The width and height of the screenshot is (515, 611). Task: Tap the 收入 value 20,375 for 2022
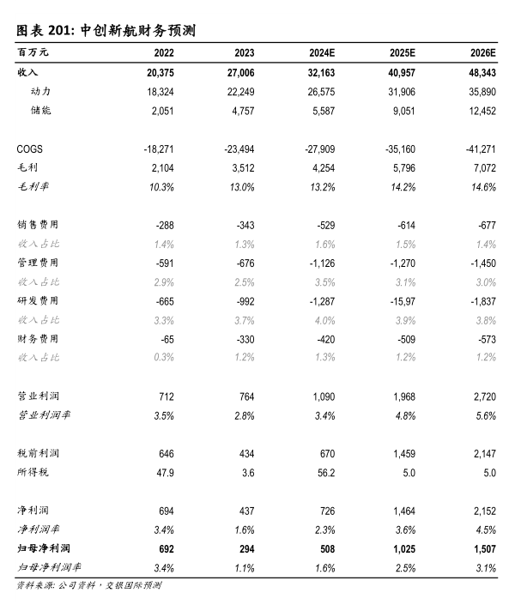(157, 73)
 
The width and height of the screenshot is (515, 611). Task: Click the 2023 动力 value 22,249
(239, 91)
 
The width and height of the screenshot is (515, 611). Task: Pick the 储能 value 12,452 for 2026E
(481, 110)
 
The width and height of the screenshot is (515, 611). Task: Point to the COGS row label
(30, 149)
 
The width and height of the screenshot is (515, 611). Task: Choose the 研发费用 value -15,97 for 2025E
(400, 300)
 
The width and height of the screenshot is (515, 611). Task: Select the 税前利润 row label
(39, 452)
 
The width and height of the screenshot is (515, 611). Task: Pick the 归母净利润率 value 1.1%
(245, 566)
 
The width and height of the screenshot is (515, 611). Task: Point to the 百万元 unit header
(33, 53)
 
